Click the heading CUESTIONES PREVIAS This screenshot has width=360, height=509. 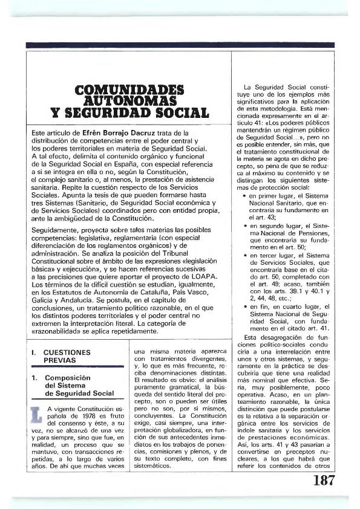point(68,355)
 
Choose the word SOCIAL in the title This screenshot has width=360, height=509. point(175,113)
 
